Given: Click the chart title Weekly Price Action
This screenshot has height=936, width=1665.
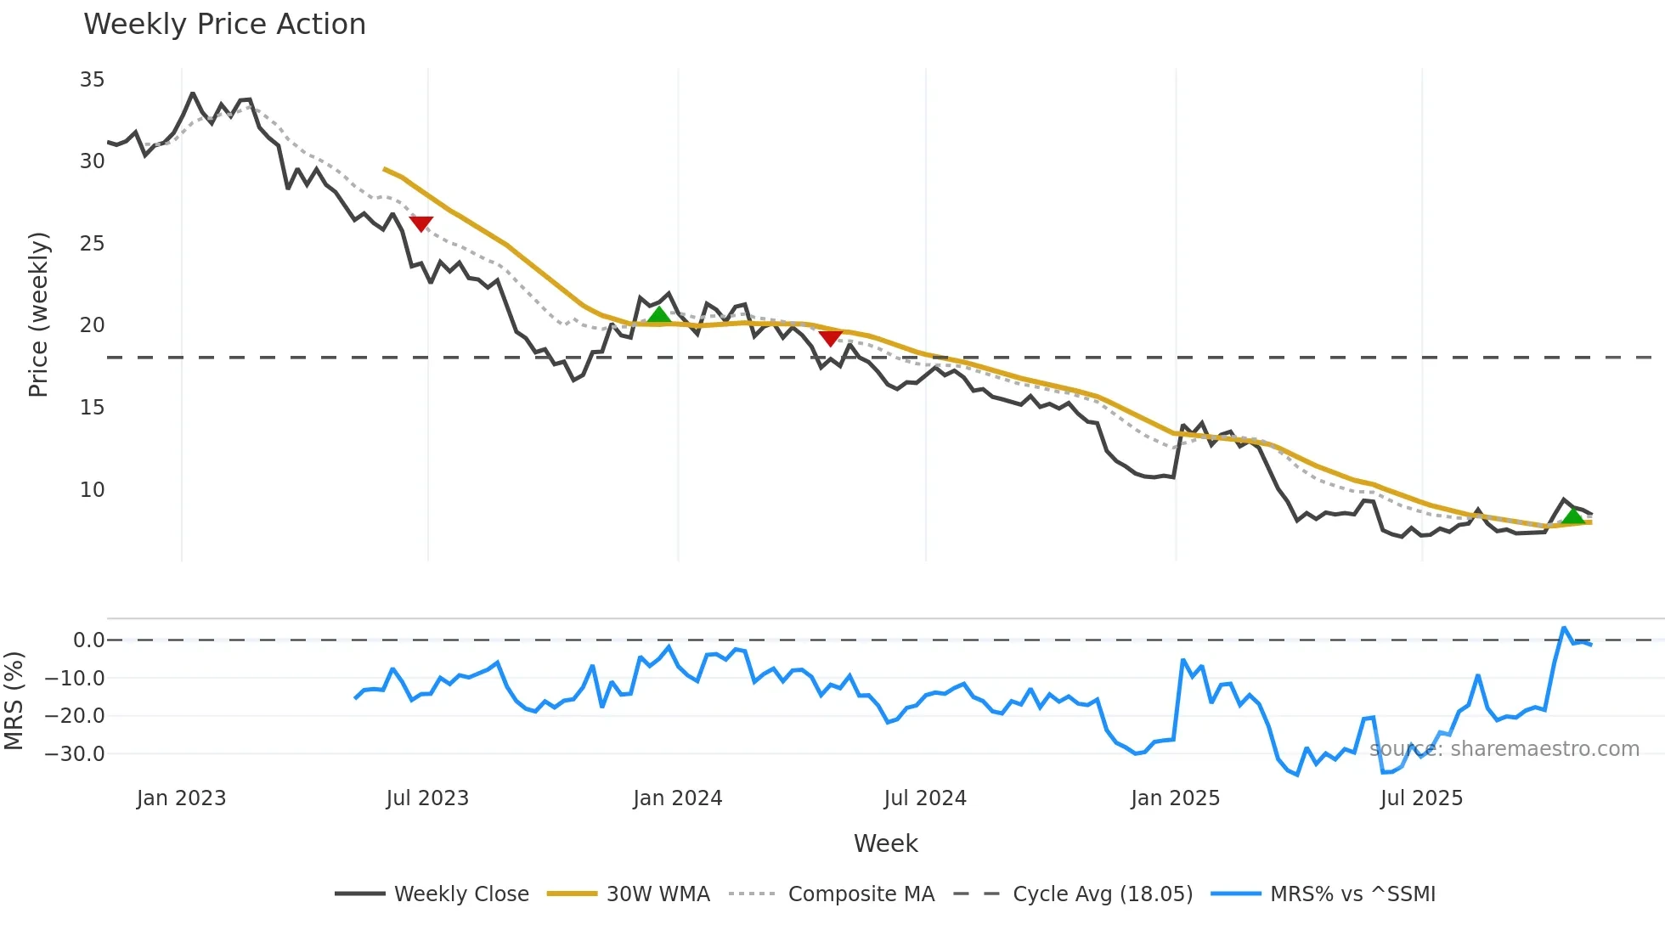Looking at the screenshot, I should point(224,25).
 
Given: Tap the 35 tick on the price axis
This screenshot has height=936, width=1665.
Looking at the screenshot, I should point(92,80).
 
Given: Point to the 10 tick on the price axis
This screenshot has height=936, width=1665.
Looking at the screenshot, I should point(92,490).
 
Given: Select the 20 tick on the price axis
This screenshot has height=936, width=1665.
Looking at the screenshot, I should point(92,325).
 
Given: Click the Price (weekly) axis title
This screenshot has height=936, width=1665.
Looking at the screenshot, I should point(39,314).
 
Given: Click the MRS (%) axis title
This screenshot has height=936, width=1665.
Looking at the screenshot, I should point(14,701).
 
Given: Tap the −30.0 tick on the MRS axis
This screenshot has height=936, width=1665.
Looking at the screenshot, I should point(75,754).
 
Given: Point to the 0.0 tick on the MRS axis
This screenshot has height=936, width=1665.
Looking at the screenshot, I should point(88,640).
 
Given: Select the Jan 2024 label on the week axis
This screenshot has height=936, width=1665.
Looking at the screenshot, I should point(677,798).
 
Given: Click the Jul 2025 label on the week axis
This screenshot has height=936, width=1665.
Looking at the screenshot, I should point(1421,798).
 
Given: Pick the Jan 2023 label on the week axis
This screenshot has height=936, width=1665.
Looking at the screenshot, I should point(181,798).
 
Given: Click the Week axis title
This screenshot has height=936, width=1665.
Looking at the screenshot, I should point(885,843).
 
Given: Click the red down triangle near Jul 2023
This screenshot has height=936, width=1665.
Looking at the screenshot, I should point(421,223).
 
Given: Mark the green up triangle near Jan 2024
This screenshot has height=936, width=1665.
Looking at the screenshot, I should point(658,315).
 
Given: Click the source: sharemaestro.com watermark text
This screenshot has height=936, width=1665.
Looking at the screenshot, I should point(1504,749).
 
